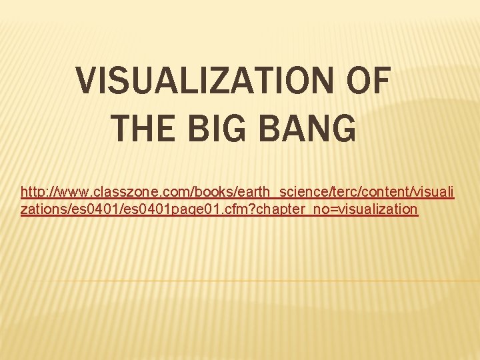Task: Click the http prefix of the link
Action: pos(33,192)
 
